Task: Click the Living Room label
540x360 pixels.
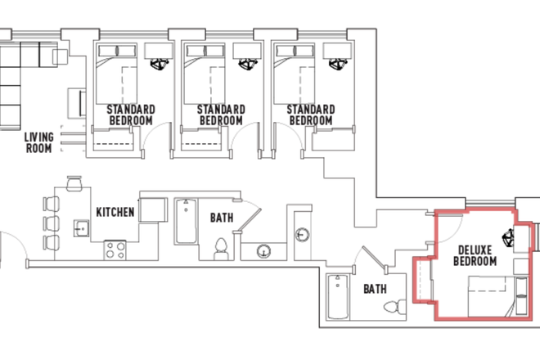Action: pyautogui.click(x=38, y=143)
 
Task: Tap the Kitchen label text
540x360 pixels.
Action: pyautogui.click(x=115, y=212)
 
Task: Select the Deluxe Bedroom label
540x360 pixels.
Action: pyautogui.click(x=475, y=255)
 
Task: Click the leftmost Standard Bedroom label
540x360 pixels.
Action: pyautogui.click(x=131, y=115)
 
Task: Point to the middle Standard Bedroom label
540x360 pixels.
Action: pyautogui.click(x=221, y=115)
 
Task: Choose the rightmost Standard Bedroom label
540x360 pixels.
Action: pyautogui.click(x=312, y=115)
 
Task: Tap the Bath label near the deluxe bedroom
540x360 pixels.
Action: pyautogui.click(x=375, y=289)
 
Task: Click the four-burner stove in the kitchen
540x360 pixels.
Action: pyautogui.click(x=115, y=250)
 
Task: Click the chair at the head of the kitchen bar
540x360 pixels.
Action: pyautogui.click(x=74, y=182)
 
